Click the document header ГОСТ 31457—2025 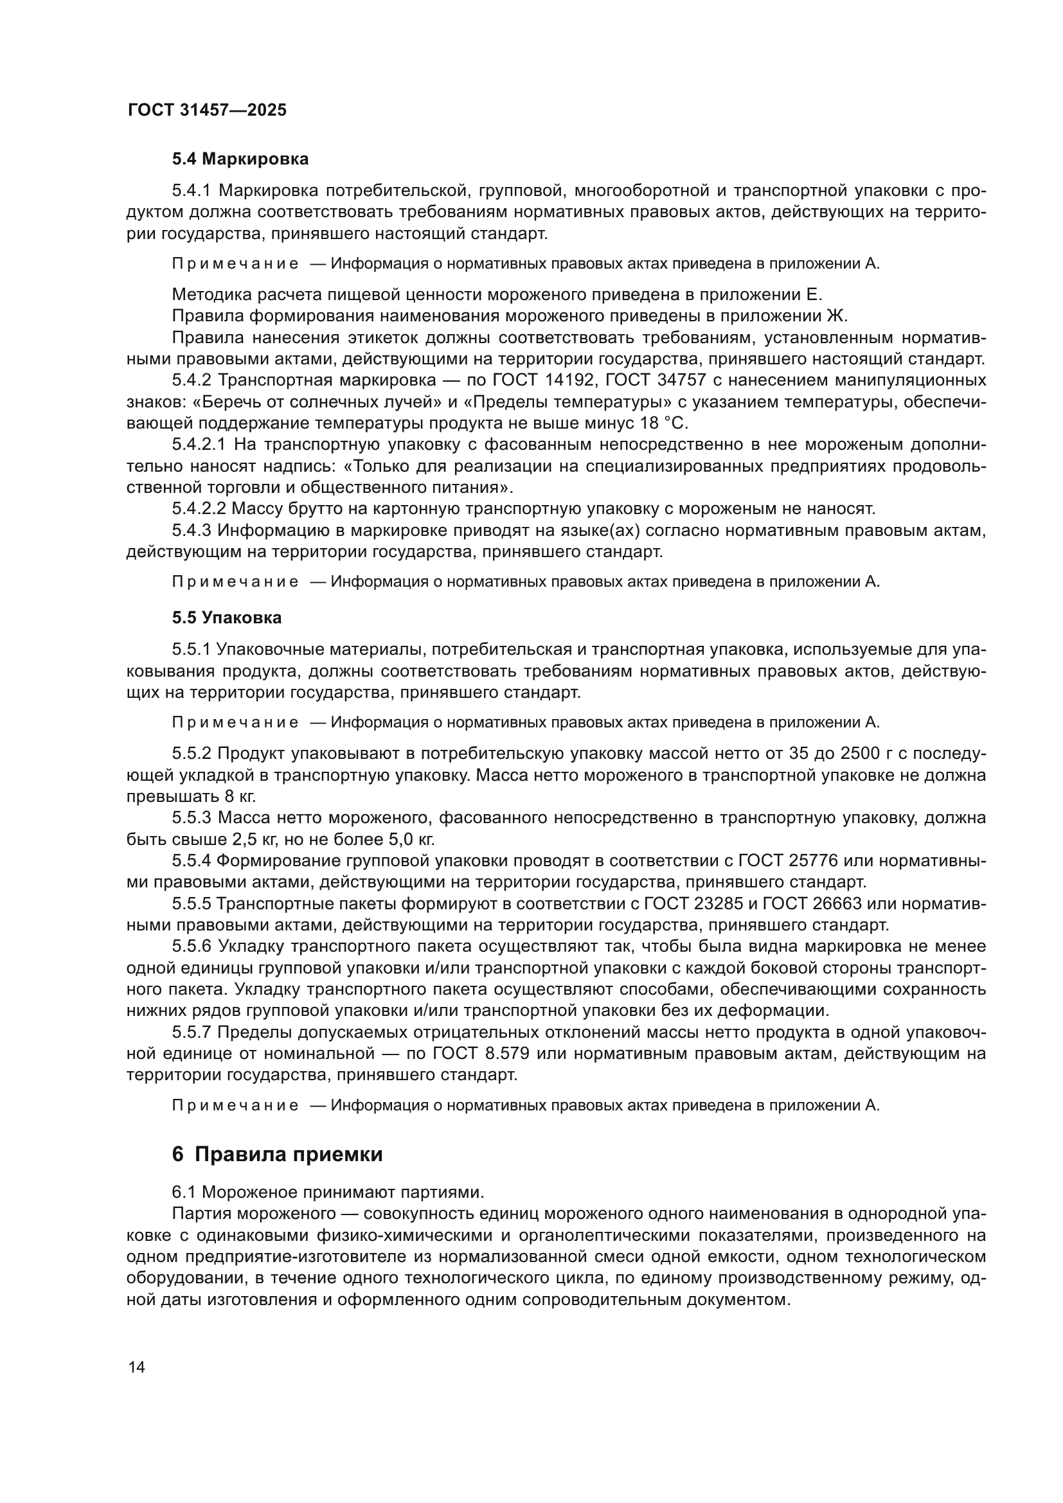pos(207,110)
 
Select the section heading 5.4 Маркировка pos(240,159)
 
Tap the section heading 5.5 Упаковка pos(226,618)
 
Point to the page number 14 pos(137,1367)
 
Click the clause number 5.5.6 pos(192,947)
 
